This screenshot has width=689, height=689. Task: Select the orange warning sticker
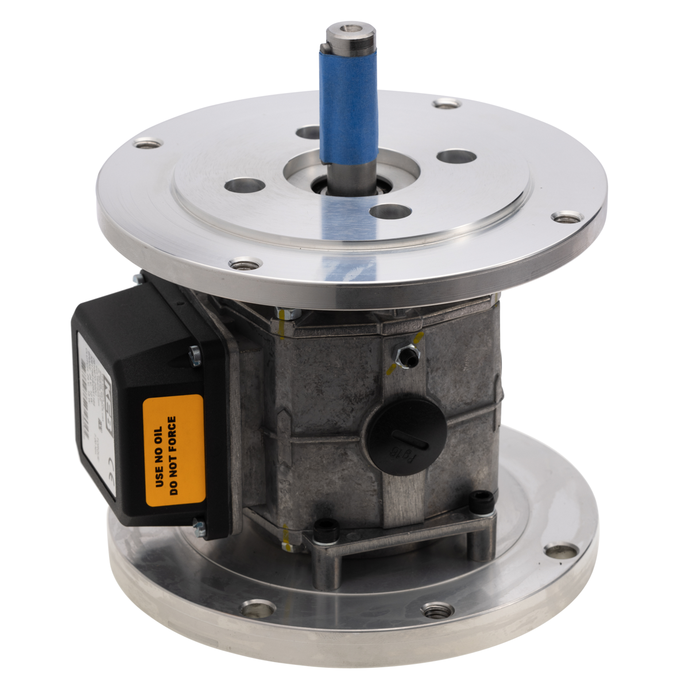coord(173,451)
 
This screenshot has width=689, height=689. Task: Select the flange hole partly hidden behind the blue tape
coord(308,133)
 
